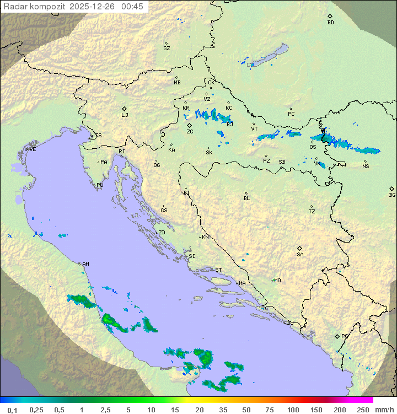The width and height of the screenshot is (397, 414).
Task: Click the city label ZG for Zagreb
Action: point(190,132)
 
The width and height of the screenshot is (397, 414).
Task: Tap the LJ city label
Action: point(125,115)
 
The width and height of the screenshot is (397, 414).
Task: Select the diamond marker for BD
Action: point(330,17)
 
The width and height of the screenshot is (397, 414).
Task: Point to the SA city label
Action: point(300,255)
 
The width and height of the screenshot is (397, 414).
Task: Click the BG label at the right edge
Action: point(392,195)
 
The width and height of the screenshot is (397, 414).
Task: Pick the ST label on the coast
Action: point(218,270)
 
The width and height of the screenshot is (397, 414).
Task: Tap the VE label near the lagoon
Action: point(33,149)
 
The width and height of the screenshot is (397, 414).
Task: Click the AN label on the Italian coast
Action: point(85,264)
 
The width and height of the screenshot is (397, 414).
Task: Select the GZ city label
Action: point(167,49)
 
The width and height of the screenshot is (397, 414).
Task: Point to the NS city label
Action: point(366,166)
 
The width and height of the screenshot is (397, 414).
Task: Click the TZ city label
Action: point(312,212)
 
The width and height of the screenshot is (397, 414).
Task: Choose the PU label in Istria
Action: point(100,185)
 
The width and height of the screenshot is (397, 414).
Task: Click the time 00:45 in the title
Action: point(132,7)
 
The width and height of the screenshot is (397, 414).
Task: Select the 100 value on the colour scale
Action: point(293,409)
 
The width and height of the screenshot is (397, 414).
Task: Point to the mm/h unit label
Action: point(382,409)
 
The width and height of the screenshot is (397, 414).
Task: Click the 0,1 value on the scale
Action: point(12,409)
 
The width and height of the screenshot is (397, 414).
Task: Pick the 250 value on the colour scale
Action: point(362,409)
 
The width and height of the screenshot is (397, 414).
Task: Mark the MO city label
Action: point(277,281)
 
